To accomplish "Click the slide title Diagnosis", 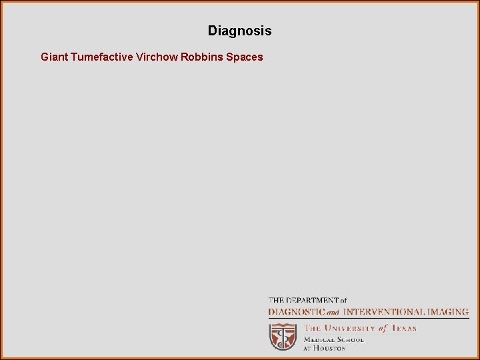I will (239, 31).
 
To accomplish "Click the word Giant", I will (54, 57).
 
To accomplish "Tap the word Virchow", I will (157, 57).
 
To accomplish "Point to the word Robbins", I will (201, 57).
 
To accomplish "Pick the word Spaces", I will (245, 57).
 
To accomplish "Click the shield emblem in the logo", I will (283, 337).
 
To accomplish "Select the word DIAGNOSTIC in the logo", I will (296, 311).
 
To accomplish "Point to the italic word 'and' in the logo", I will (333, 312).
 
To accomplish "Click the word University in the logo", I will (349, 328).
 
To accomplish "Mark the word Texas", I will (403, 328).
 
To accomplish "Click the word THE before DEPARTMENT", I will (276, 301).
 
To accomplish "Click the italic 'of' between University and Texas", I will (383, 328).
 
